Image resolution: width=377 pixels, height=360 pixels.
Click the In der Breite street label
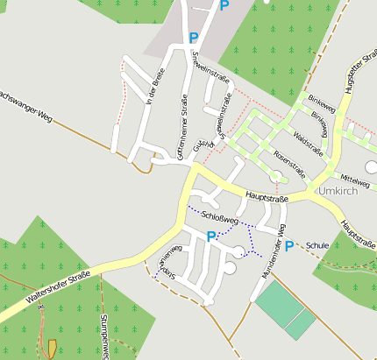pos(157,88)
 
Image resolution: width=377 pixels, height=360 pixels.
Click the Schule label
pos(317,245)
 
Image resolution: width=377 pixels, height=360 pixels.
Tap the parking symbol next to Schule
pos(288,245)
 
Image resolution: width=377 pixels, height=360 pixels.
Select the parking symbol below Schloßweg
pos(210,236)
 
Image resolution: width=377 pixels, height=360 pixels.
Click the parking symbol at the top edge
pos(224,5)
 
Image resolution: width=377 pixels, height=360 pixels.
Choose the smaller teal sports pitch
pos(301,324)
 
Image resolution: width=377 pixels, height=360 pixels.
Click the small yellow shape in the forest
pos(52,348)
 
